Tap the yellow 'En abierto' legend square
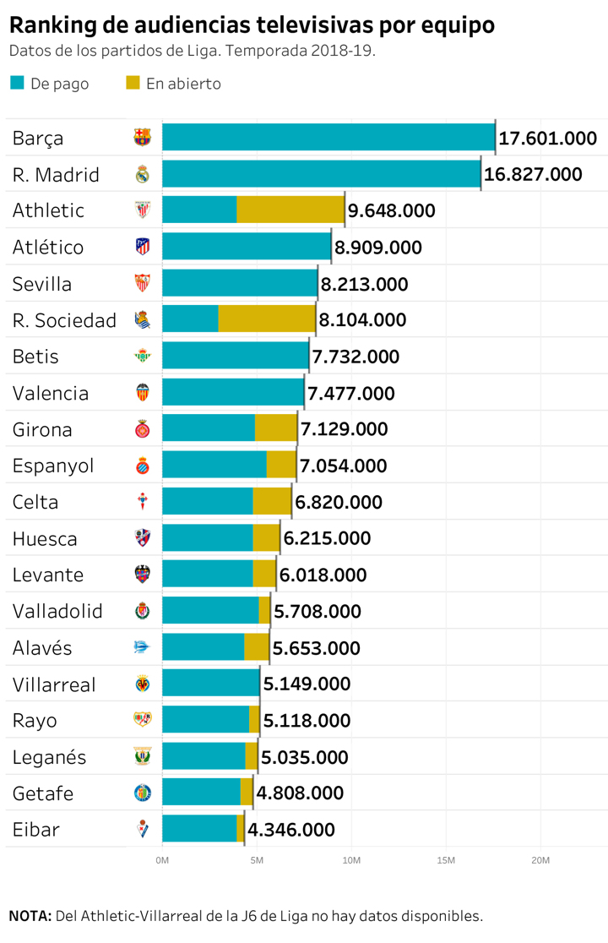[133, 83]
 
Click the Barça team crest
[142, 138]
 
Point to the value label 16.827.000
[533, 174]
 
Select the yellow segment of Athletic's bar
[290, 210]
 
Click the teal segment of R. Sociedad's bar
[190, 319]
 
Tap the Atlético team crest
[142, 247]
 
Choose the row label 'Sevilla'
[42, 284]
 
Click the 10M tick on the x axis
[351, 860]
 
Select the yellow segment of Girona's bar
[275, 428]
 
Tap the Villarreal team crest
[142, 684]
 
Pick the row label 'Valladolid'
[57, 611]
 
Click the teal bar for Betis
[235, 356]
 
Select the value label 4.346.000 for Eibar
[290, 830]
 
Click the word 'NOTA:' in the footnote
[30, 916]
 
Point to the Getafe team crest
[142, 793]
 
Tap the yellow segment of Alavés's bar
[257, 647]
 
